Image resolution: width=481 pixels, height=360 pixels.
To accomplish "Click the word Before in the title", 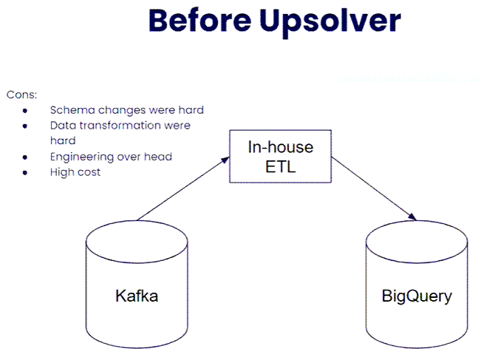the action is click(x=199, y=21).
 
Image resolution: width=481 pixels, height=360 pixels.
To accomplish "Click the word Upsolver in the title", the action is click(x=330, y=23).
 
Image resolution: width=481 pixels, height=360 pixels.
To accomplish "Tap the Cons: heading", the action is click(x=21, y=95).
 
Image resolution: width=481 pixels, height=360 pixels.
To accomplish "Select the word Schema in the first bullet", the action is click(x=72, y=110).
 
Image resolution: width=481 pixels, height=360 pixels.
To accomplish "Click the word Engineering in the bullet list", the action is click(x=81, y=157).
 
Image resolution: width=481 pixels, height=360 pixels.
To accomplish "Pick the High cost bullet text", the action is click(x=75, y=171).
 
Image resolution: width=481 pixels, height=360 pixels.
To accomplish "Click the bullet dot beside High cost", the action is click(x=25, y=173).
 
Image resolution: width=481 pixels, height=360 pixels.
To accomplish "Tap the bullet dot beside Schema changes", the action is click(x=25, y=110).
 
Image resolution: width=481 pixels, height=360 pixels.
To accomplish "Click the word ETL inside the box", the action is click(x=280, y=167).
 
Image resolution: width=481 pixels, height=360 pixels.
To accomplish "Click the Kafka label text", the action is click(x=137, y=296).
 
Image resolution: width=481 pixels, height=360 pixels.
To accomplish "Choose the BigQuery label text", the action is click(x=417, y=296).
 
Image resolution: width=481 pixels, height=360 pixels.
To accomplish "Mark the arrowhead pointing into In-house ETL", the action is click(x=226, y=160).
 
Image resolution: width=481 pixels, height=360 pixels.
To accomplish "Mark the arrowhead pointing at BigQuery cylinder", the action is click(x=412, y=216).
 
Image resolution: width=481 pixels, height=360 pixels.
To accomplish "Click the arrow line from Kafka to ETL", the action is click(x=183, y=189).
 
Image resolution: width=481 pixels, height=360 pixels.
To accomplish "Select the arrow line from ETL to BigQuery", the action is click(x=374, y=189).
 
